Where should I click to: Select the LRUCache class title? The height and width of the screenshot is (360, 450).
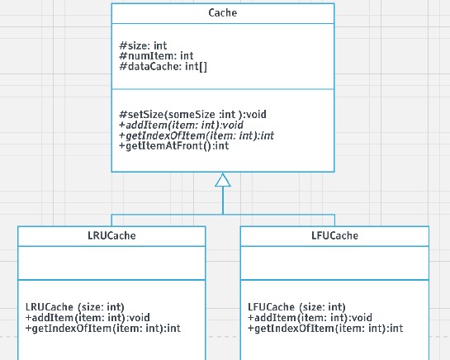111,235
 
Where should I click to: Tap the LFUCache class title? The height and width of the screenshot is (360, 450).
334,235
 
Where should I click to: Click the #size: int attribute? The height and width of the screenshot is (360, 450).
144,45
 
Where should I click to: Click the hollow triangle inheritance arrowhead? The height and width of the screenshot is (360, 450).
223,180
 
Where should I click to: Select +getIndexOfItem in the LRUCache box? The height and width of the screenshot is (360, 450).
102,329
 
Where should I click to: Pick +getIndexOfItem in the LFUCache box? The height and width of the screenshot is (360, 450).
324,329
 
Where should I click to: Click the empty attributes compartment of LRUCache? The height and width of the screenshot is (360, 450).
111,263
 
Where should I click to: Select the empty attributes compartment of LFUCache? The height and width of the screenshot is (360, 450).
334,263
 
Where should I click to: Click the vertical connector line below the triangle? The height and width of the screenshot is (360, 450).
223,201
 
